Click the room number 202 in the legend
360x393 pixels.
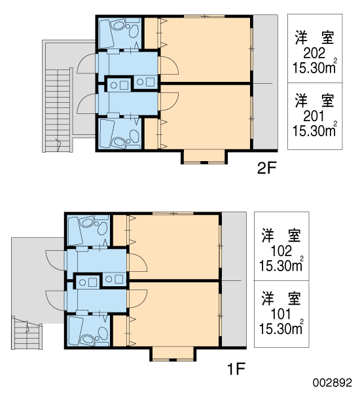tap(314, 53)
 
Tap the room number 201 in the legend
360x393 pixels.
tap(314, 116)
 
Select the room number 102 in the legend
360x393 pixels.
tap(281, 251)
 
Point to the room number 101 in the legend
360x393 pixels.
tap(281, 314)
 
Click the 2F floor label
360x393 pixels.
tap(266, 168)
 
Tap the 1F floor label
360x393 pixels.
tap(236, 369)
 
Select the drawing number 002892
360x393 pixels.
tap(333, 383)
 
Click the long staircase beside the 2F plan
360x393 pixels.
tap(58, 110)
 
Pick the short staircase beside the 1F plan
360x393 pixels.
tap(27, 333)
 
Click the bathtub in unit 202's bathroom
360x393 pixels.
tap(105, 33)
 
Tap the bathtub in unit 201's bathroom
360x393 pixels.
tap(106, 134)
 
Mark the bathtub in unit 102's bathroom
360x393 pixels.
tap(75, 231)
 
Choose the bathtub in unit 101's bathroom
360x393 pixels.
tap(75, 331)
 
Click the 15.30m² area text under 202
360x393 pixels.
tap(315, 67)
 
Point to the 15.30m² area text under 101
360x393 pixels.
tap(281, 328)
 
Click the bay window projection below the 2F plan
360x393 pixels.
tap(204, 157)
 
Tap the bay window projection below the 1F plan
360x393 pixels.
tap(173, 354)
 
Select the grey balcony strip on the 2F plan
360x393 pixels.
tap(265, 83)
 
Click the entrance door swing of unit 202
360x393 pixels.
tap(86, 64)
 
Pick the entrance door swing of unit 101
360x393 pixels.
tap(55, 301)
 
